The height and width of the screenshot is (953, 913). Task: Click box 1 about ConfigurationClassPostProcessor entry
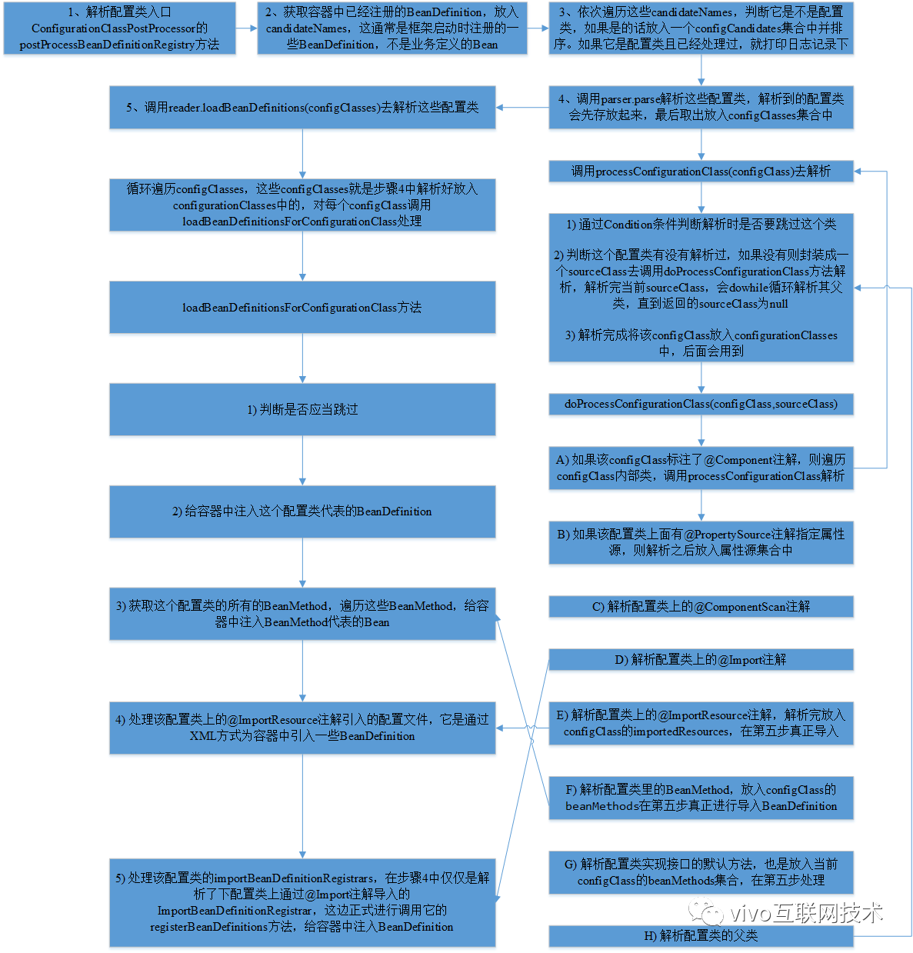(119, 28)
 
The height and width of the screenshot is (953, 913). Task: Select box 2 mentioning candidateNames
(392, 28)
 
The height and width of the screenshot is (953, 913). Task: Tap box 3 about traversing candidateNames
(701, 28)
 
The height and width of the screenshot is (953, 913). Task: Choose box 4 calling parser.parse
(701, 107)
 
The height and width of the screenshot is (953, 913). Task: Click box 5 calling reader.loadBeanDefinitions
(302, 108)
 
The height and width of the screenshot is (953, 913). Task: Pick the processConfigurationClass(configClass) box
(701, 172)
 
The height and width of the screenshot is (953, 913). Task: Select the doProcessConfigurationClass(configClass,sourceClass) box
(701, 404)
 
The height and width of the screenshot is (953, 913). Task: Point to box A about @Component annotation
(701, 468)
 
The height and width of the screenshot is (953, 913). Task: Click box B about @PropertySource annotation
(701, 542)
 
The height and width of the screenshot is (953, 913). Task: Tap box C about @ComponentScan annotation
(701, 607)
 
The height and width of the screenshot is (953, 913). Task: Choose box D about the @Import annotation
(701, 660)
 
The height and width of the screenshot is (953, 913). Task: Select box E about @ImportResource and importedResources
(701, 723)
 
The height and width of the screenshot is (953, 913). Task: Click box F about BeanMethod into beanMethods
(701, 798)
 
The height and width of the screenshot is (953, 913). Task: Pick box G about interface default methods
(701, 872)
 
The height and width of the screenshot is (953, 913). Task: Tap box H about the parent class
(701, 936)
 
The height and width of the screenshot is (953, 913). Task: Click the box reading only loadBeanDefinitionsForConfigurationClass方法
(302, 308)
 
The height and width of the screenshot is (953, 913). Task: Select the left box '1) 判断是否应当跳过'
(302, 410)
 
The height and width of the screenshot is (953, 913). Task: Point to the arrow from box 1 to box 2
(246, 28)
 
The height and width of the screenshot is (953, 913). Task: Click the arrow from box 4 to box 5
(522, 108)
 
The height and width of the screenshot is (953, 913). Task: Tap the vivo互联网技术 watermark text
(805, 913)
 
